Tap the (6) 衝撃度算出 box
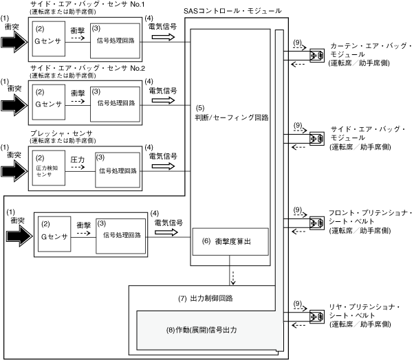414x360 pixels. coord(230,241)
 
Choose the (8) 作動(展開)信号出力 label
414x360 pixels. coord(205,329)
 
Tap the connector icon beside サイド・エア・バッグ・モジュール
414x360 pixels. coord(317,137)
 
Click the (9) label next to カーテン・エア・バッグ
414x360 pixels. coord(297,43)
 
